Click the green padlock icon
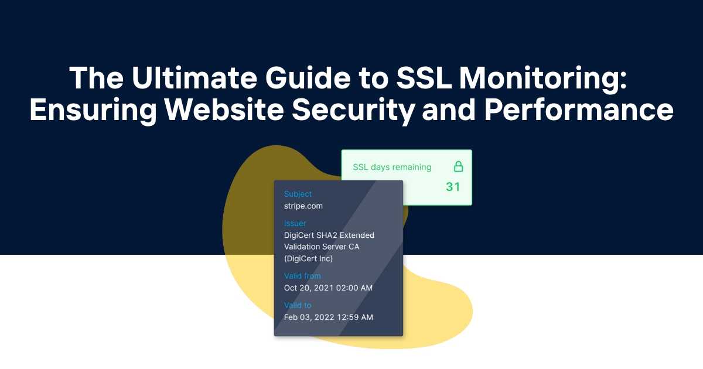click(x=458, y=166)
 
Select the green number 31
click(x=453, y=187)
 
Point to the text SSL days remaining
click(x=392, y=167)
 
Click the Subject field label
click(x=298, y=194)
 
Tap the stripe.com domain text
click(x=303, y=206)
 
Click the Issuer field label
click(x=295, y=223)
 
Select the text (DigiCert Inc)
click(x=309, y=258)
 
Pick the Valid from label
click(x=302, y=276)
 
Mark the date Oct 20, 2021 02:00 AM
click(x=328, y=288)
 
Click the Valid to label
click(x=298, y=305)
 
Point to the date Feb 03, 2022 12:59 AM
click(x=328, y=317)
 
